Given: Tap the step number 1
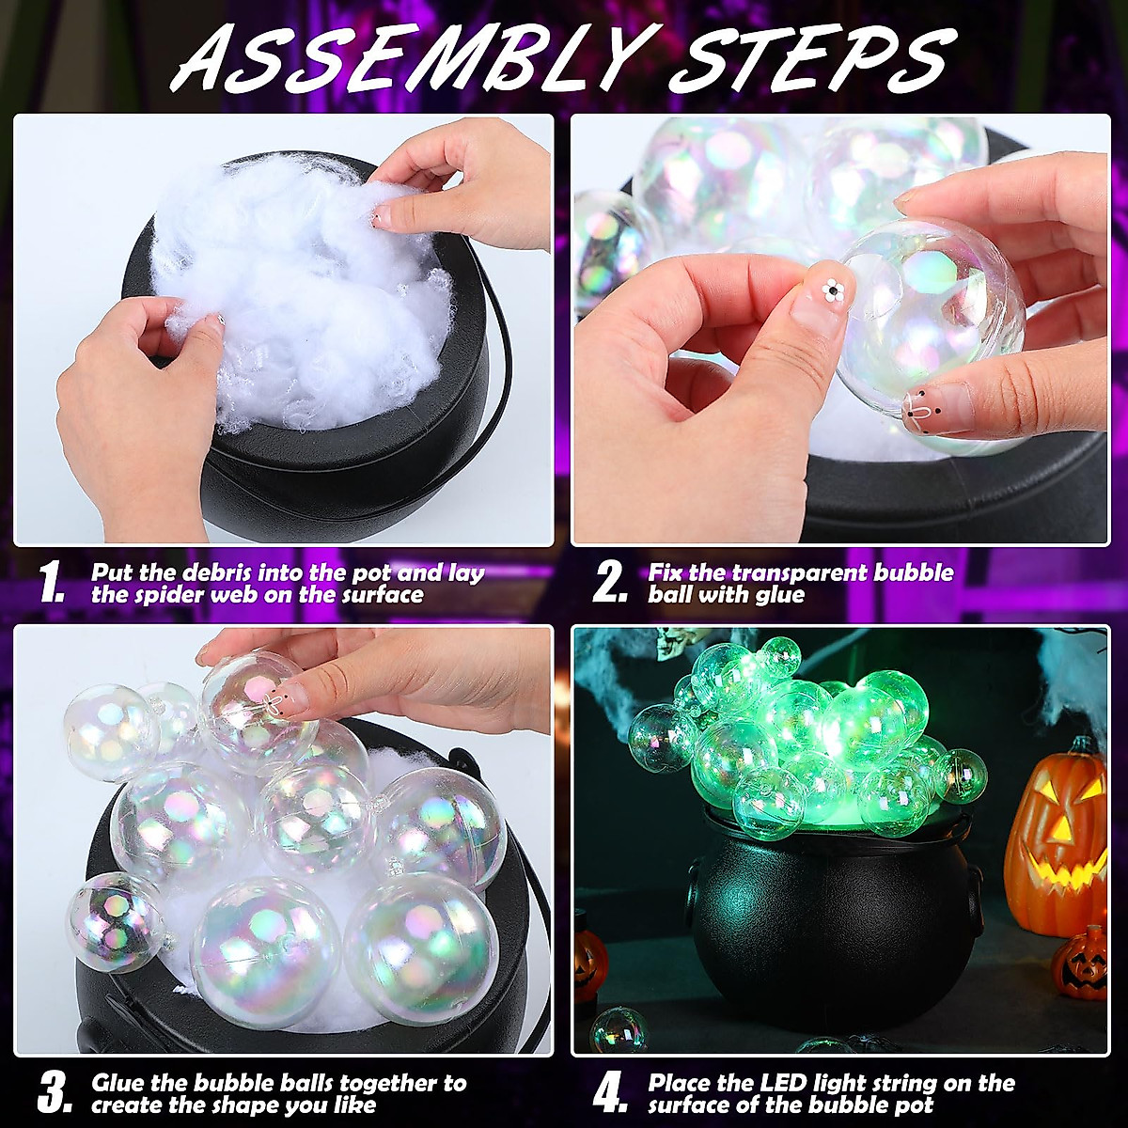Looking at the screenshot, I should coord(52,583).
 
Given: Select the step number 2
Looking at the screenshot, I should coord(609,583).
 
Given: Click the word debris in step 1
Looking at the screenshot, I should coord(212,572).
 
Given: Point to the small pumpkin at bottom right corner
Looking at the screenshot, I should coord(1081,963).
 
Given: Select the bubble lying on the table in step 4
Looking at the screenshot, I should coord(618,1030).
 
